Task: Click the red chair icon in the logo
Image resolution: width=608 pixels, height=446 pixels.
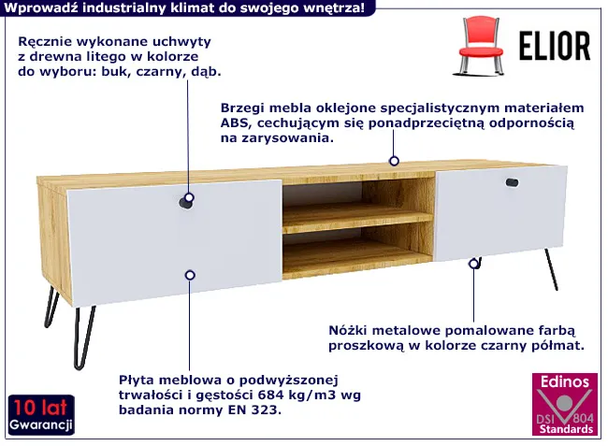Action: pos(481,46)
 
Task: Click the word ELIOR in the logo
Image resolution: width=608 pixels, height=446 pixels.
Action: pos(555,46)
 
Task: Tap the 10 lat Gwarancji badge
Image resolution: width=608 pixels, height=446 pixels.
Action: pos(41,415)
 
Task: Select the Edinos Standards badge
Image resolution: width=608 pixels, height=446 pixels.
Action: pos(565,404)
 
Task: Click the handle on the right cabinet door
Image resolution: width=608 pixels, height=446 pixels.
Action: pos(512,182)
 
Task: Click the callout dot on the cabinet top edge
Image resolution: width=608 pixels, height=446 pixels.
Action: pos(394,161)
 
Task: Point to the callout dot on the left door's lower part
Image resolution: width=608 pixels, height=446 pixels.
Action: pos(190,275)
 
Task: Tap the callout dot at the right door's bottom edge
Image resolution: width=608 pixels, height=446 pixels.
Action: pos(473,264)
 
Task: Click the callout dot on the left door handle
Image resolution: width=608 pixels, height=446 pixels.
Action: pos(189,198)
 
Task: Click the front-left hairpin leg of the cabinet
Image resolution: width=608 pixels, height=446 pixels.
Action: pos(84,338)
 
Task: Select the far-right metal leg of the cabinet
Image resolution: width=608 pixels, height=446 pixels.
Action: pos(551,269)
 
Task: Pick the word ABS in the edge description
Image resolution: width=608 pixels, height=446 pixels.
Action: pos(234,122)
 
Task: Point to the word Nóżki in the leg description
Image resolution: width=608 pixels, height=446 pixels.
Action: pos(346,331)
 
